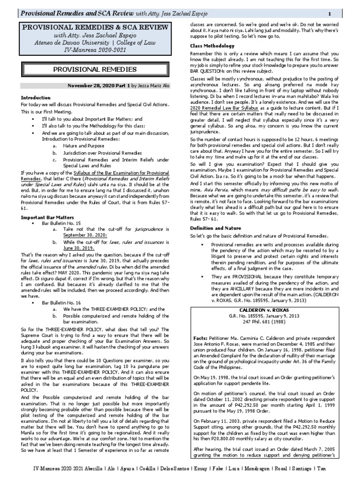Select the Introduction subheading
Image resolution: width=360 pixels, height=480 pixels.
(36, 97)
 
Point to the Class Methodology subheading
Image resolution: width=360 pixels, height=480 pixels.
(212, 46)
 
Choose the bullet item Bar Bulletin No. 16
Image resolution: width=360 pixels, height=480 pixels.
(61, 303)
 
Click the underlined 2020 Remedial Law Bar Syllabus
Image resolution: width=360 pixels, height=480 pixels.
(222, 108)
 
